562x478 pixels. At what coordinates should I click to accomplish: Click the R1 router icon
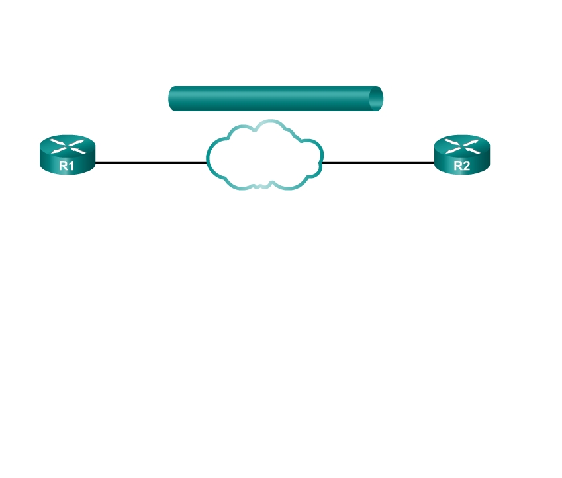68,155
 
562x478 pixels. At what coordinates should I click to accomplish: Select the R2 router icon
462,155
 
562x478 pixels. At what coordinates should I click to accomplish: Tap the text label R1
67,166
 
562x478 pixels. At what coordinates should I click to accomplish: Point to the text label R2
461,166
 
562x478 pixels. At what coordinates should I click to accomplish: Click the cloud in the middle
265,155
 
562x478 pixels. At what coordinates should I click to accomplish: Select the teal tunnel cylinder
275,99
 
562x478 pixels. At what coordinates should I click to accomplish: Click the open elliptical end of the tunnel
376,99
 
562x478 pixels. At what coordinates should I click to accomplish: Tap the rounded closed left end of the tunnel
173,99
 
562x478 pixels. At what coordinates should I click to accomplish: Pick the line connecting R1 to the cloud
151,162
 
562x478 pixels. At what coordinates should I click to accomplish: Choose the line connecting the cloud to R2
379,162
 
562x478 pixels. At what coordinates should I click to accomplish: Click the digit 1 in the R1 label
71,166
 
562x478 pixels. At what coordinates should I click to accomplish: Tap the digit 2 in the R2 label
466,166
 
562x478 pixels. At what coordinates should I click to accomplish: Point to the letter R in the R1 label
64,166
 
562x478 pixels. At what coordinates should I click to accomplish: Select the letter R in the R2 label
457,166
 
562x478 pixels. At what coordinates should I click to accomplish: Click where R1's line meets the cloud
207,162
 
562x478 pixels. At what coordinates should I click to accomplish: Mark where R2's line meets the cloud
322,162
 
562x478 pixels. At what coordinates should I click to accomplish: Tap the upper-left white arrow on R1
58,142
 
